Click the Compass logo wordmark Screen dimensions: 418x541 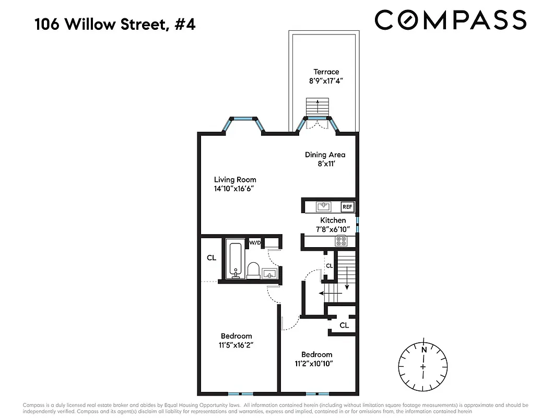coord(450,20)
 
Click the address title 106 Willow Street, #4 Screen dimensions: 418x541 coord(115,24)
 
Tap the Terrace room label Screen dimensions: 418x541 coord(326,72)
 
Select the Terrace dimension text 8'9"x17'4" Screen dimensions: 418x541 coord(326,81)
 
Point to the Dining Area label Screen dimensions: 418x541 coord(325,155)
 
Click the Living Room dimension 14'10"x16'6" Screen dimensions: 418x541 coord(234,189)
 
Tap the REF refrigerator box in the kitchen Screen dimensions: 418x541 coord(347,207)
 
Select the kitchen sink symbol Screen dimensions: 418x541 coord(324,206)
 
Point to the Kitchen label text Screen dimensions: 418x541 coord(333,220)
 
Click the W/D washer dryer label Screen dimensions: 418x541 coord(254,242)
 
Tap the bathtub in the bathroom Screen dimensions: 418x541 coord(234,259)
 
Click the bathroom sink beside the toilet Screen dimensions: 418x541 coord(269,273)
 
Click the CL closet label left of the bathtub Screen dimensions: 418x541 coord(211,258)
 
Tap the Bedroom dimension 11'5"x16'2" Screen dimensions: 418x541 coord(236,345)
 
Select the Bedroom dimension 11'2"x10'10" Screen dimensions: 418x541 coord(313,364)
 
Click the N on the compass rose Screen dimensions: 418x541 coord(424,350)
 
